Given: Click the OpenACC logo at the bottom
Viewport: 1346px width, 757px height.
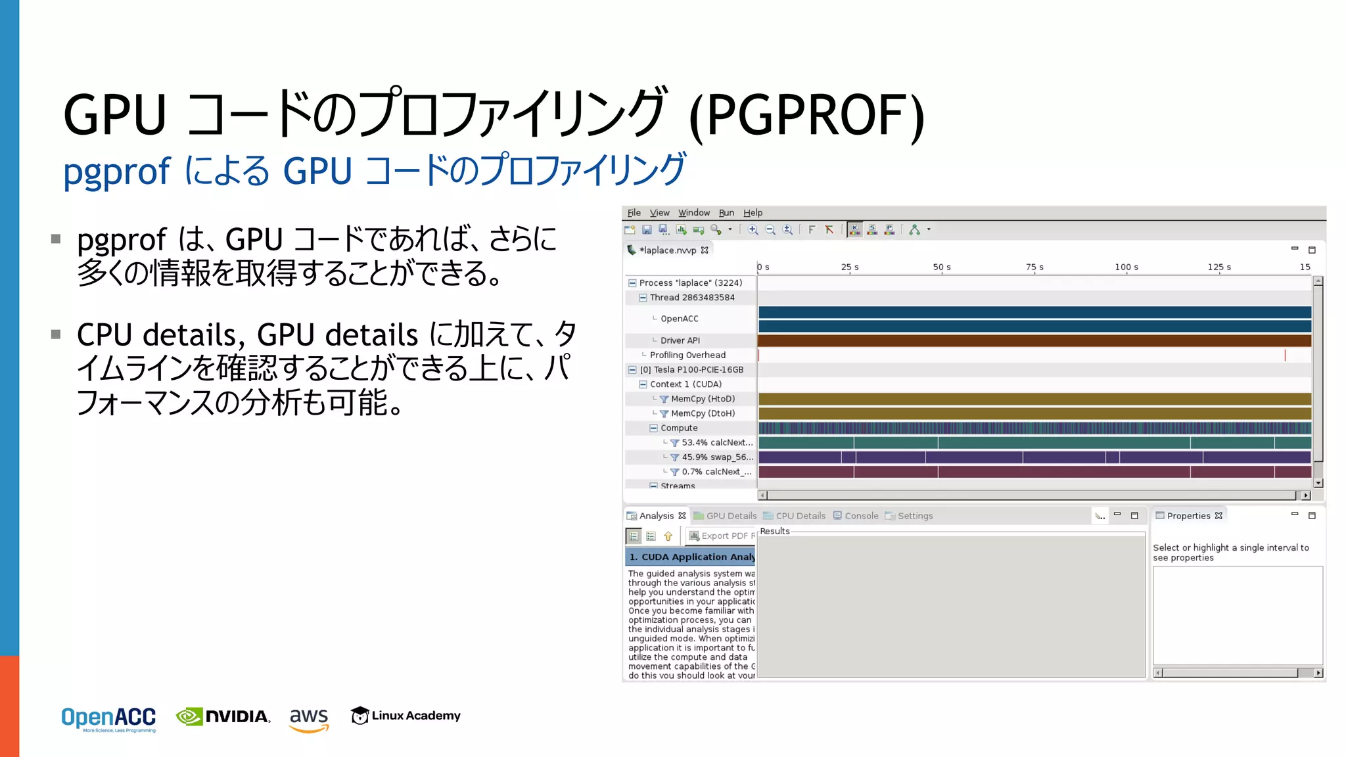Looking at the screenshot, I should [108, 718].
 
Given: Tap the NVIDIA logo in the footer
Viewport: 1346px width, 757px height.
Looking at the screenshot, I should [223, 716].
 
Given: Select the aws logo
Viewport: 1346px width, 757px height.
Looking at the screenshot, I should [309, 718].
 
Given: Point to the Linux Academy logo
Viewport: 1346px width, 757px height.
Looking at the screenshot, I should [406, 716].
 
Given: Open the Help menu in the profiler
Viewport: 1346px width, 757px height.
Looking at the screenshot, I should [753, 213].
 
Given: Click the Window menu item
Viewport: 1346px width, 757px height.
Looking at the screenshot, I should [694, 213].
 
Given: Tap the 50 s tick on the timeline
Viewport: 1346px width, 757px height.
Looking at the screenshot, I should [942, 267].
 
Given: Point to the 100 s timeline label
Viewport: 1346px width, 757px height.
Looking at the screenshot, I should [1126, 267].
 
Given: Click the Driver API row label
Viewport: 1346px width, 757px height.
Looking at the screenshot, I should [680, 340].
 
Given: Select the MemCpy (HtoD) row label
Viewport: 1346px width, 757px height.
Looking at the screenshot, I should [703, 399].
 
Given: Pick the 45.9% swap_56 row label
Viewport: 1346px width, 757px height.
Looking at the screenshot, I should [717, 457].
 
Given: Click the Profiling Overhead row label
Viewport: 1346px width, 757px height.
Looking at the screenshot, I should [687, 355].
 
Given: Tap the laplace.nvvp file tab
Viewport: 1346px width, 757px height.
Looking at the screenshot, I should [668, 250].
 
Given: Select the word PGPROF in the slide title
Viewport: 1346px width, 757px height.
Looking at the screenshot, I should [808, 116].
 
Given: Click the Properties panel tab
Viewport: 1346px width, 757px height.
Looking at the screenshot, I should [1188, 516].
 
